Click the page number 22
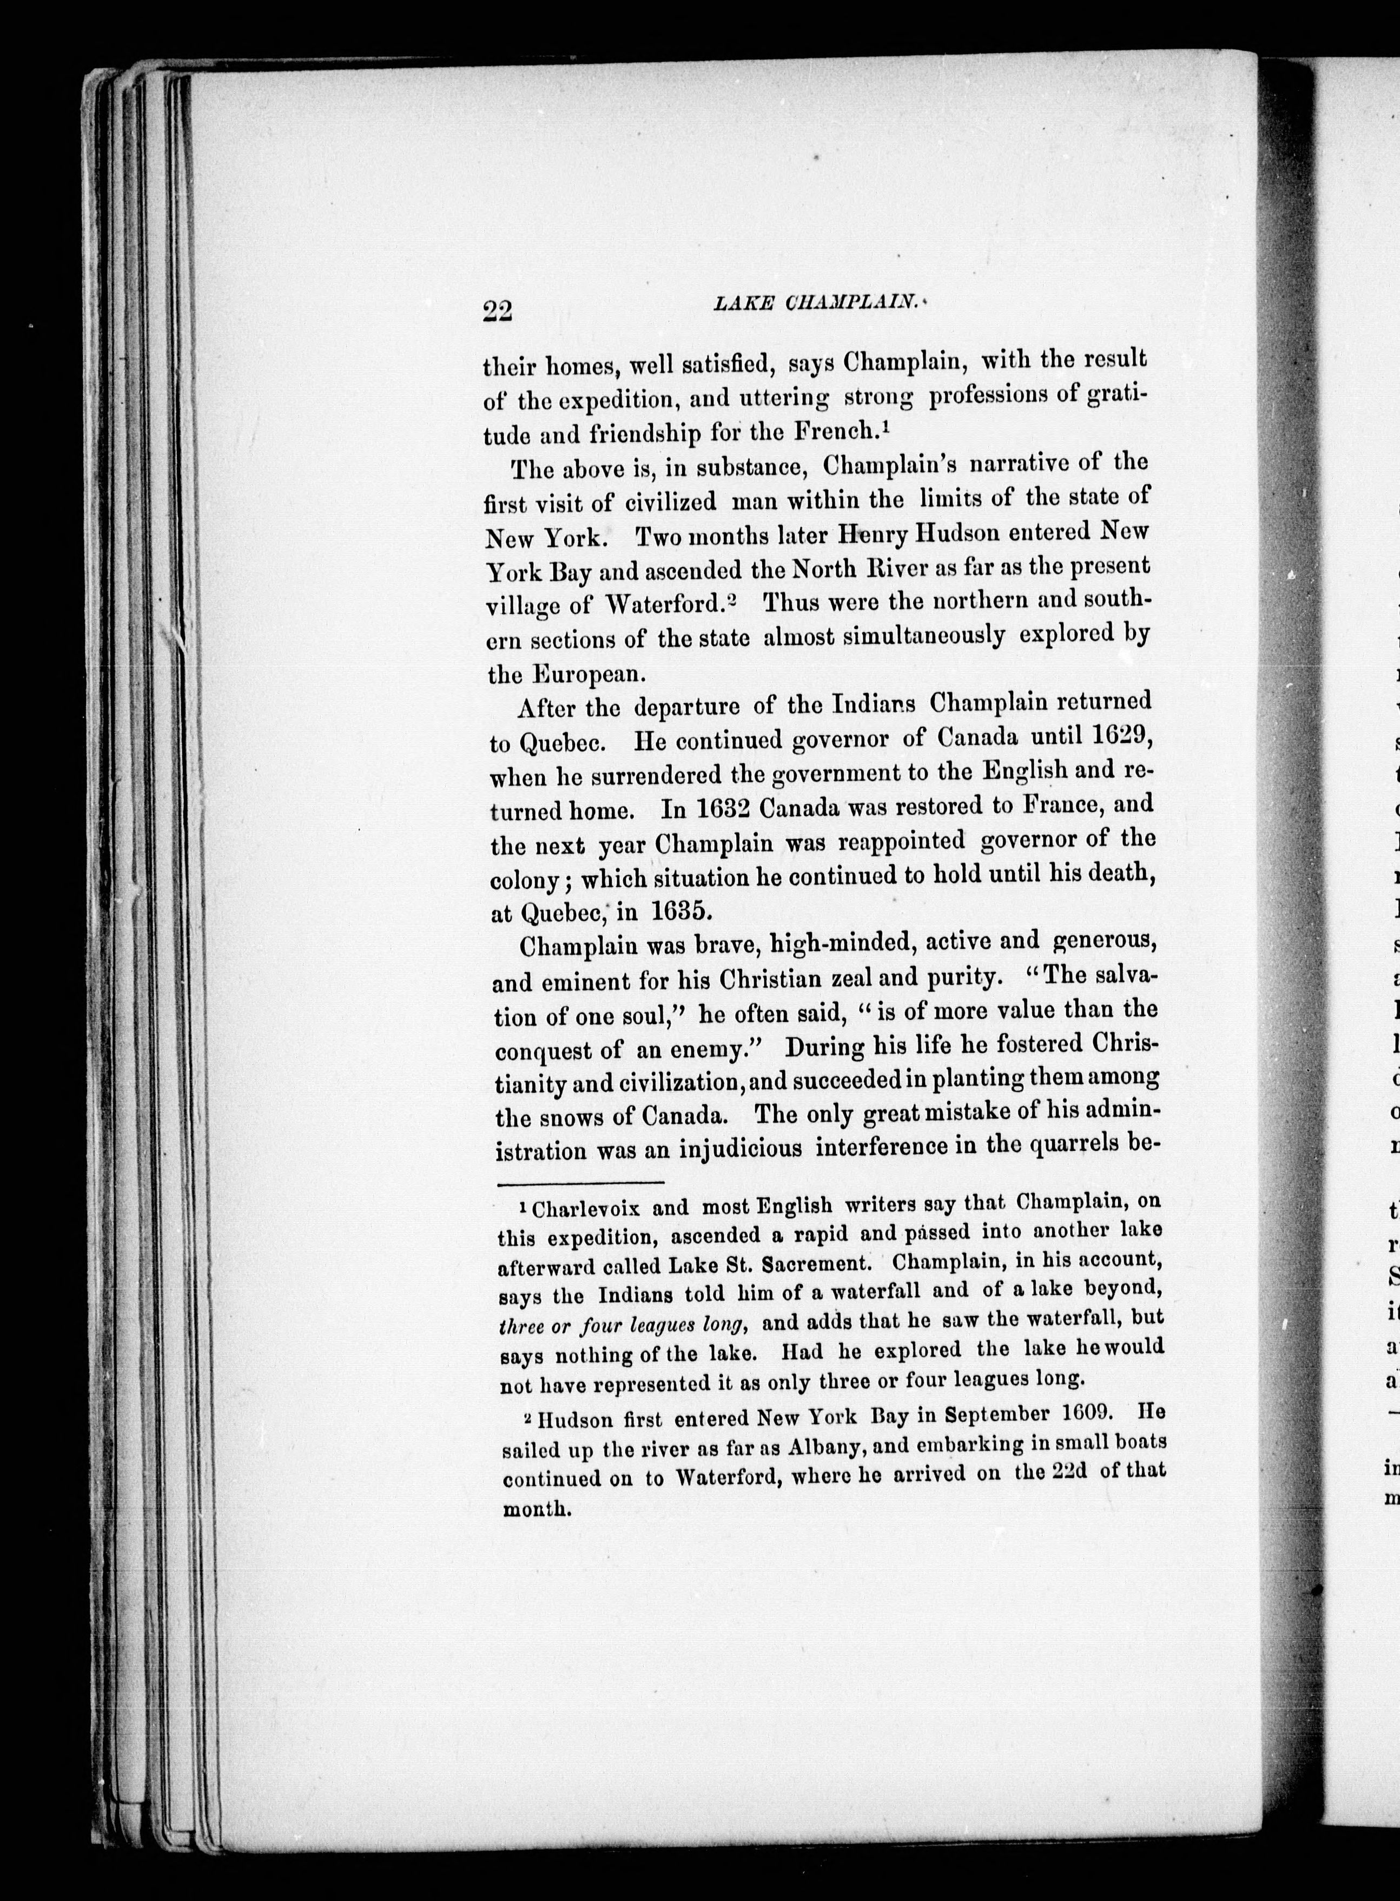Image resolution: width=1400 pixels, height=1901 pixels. (498, 311)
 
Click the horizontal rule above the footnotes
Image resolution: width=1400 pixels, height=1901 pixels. (580, 1182)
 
